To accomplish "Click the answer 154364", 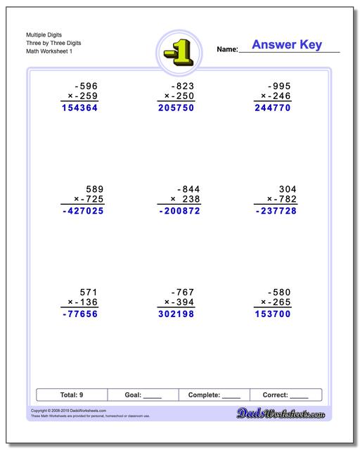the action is coord(79,108).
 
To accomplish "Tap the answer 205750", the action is coord(178,108).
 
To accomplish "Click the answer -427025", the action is coord(79,210).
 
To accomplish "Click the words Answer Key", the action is coord(286,45).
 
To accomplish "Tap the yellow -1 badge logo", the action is coord(179,50).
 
